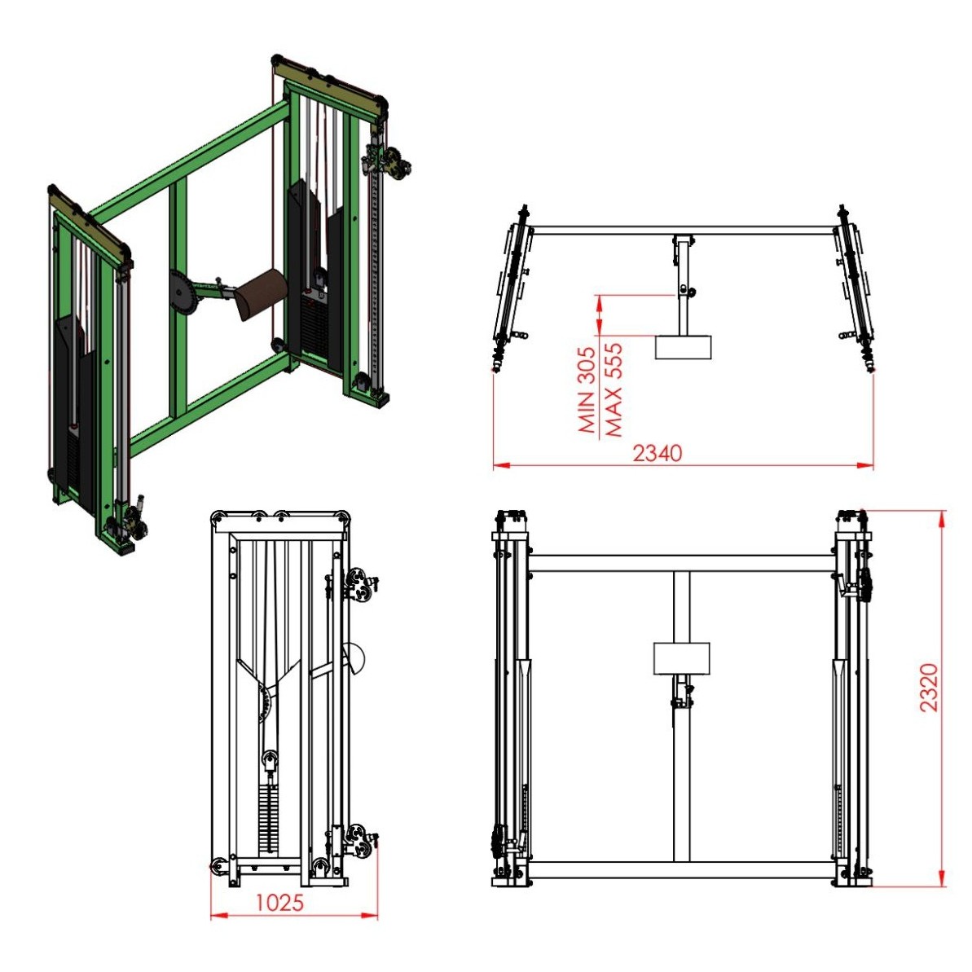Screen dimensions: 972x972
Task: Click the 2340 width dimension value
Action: click(657, 453)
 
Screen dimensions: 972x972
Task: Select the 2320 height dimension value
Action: click(929, 688)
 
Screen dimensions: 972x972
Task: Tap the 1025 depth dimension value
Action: click(279, 903)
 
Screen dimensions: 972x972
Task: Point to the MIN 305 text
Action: click(587, 389)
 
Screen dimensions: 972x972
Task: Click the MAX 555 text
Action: click(613, 390)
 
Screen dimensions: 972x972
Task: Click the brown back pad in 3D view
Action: click(262, 292)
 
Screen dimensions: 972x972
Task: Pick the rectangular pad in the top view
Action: click(683, 347)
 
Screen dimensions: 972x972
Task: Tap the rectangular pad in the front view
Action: click(681, 658)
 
